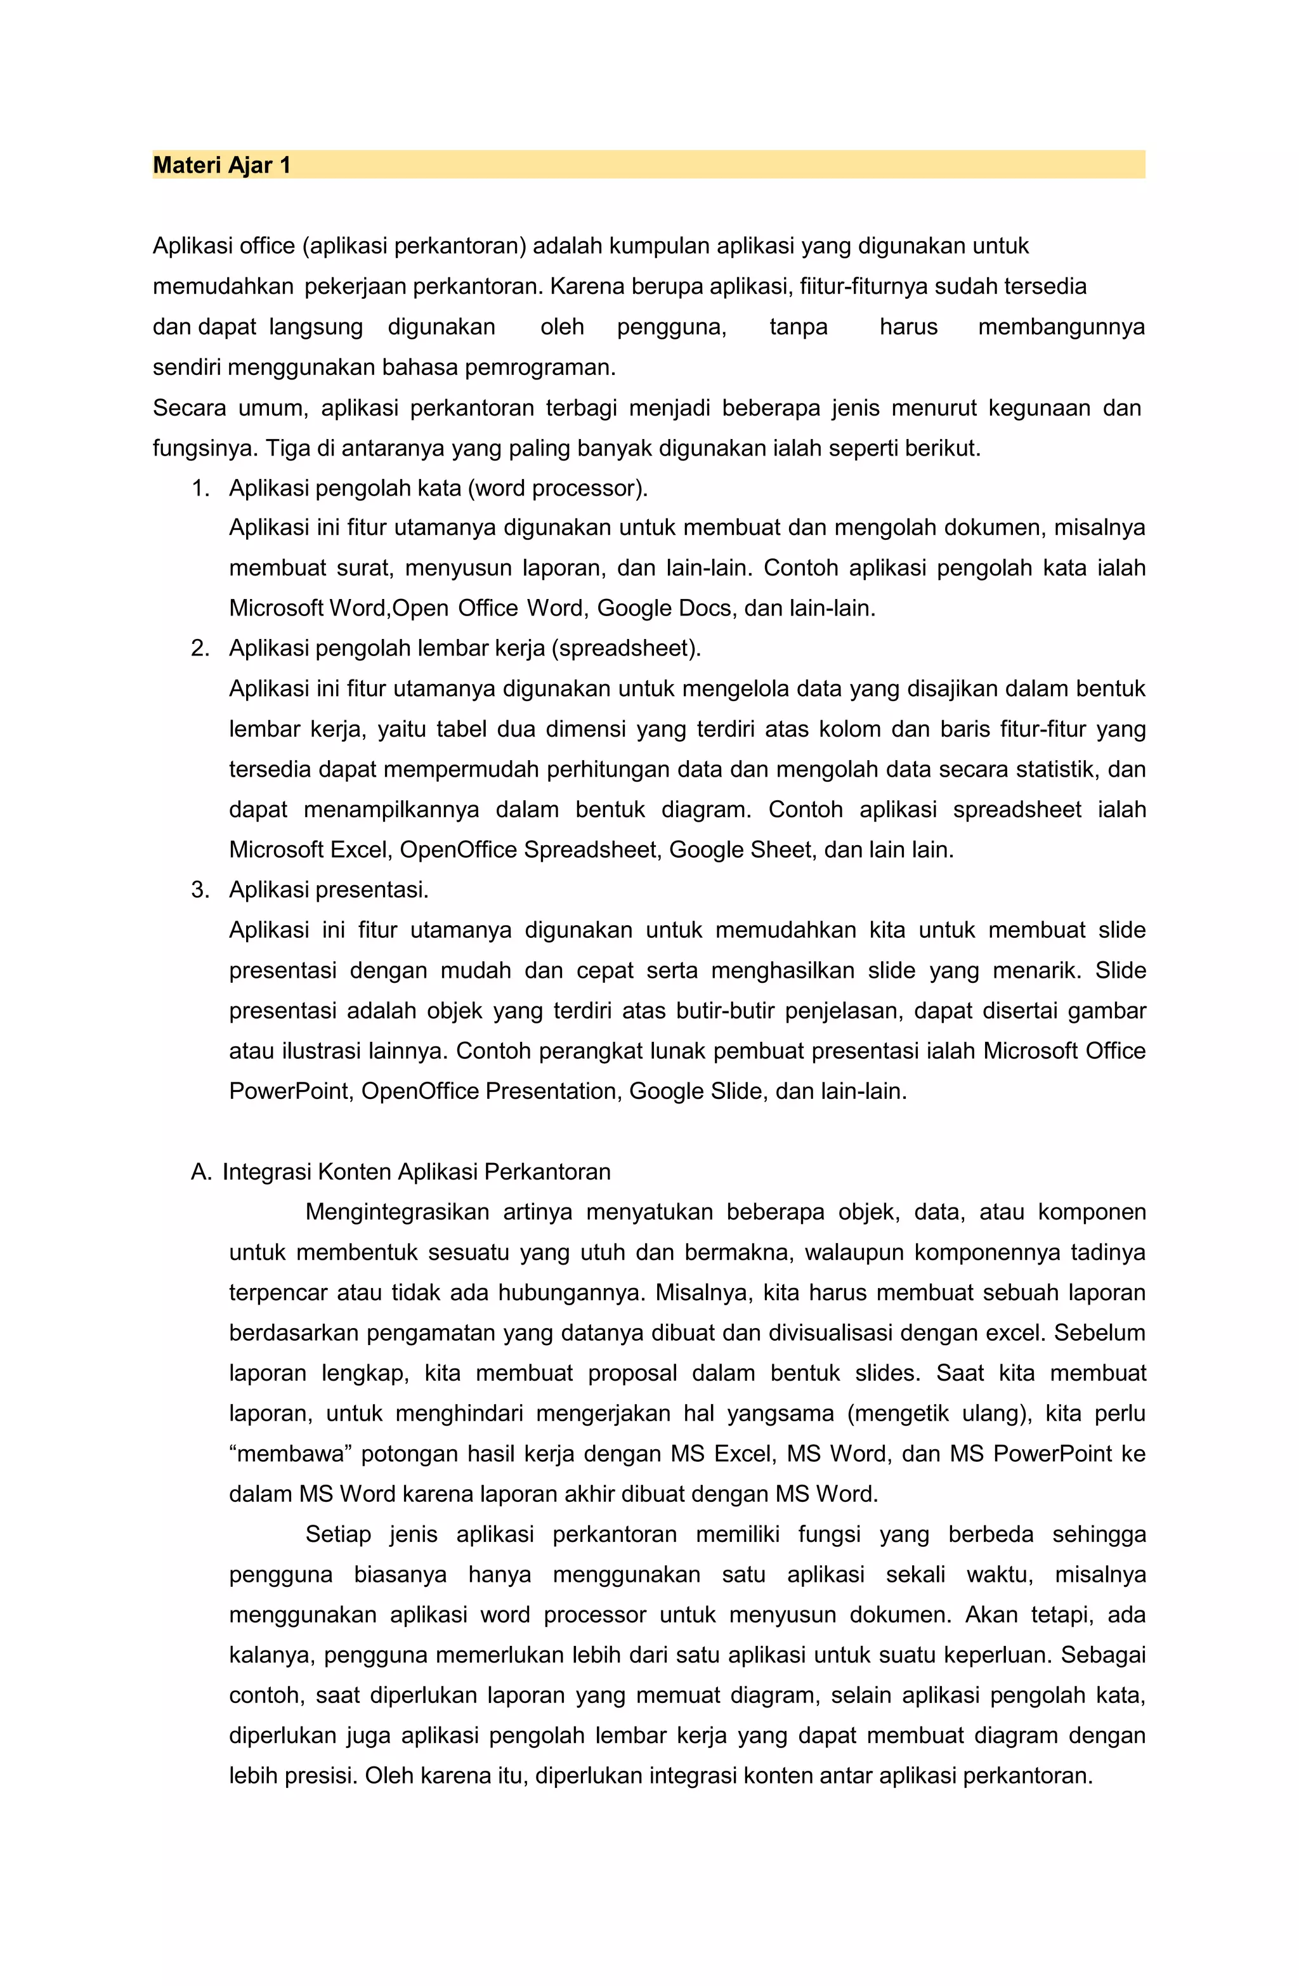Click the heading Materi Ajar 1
(221, 165)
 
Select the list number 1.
(199, 488)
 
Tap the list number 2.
(199, 648)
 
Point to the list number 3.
(199, 890)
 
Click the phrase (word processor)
(558, 488)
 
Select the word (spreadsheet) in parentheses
(626, 648)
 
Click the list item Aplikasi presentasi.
(329, 890)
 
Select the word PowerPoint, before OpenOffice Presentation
(291, 1091)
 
